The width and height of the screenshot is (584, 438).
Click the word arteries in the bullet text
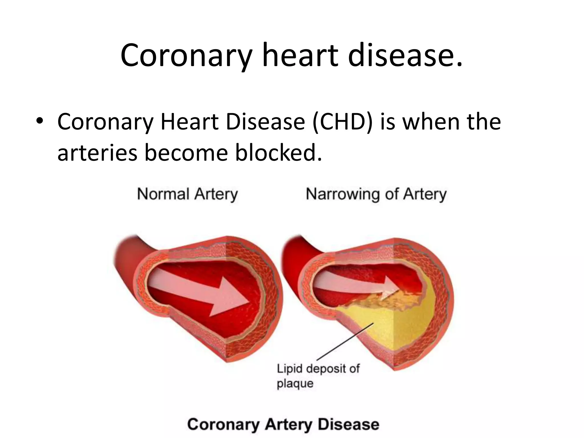pyautogui.click(x=97, y=153)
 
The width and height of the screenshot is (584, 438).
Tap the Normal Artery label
pyautogui.click(x=187, y=194)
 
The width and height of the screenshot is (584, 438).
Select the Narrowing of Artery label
pyautogui.click(x=376, y=194)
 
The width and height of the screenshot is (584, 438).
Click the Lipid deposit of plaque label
pyautogui.click(x=318, y=376)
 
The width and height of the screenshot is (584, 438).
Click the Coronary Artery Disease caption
pyautogui.click(x=283, y=424)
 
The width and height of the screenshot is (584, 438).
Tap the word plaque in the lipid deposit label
pyautogui.click(x=295, y=383)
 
